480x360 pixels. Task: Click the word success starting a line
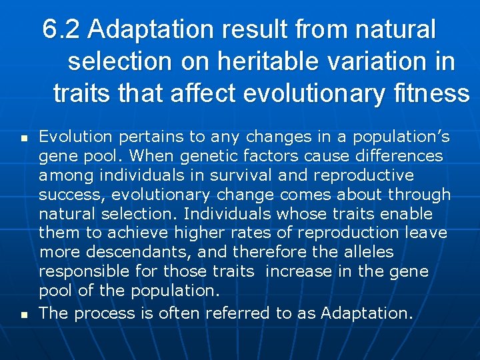65,195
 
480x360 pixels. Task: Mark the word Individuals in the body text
228,215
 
